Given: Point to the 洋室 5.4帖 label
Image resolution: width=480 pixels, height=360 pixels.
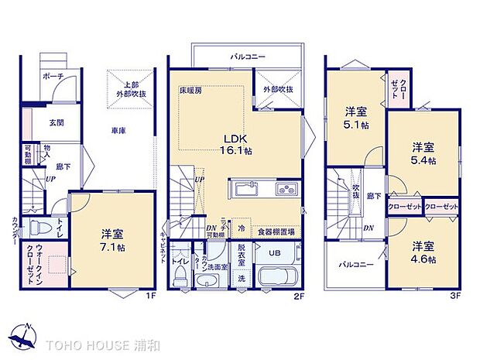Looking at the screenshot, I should (x=423, y=153).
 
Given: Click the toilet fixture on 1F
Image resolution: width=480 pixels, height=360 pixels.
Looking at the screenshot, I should (x=38, y=228).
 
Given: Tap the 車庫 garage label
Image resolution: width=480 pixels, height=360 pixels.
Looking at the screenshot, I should (x=118, y=131).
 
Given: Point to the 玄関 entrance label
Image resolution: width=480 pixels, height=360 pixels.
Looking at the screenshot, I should (x=57, y=122).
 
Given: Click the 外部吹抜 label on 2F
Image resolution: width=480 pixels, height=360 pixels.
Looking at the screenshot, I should (x=277, y=89).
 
